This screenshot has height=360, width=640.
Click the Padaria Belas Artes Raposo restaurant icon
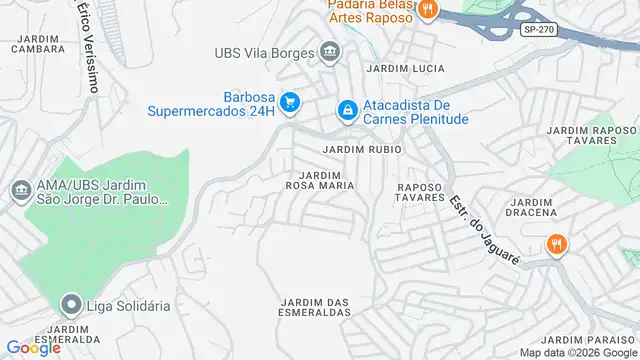427,10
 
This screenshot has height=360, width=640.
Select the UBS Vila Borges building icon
330,52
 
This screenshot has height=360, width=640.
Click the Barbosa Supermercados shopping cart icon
290,102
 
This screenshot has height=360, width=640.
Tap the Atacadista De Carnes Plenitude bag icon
347,110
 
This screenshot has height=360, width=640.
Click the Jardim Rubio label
362,149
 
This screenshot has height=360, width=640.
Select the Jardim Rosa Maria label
320,180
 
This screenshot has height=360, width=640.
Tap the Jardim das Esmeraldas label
316,307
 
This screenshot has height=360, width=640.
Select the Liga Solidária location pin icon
70,304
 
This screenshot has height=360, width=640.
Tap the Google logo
33,348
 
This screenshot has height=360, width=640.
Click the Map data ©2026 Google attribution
575,352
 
